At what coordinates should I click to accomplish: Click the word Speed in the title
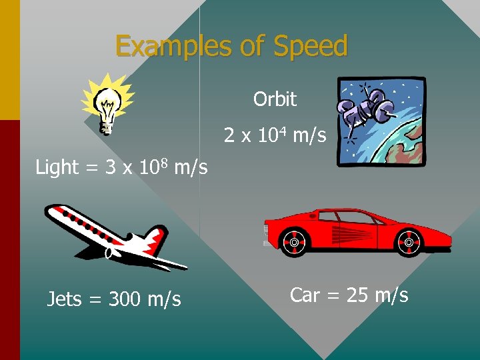click(310, 47)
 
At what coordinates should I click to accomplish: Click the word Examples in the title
click(172, 47)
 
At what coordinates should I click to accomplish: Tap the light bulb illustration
click(107, 103)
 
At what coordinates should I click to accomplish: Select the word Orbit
click(275, 99)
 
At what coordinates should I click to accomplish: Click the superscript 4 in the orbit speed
click(283, 130)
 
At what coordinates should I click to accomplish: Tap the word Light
click(57, 167)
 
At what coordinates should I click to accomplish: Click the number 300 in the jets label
click(125, 300)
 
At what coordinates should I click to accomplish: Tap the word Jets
click(64, 300)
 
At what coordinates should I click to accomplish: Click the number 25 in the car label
click(358, 295)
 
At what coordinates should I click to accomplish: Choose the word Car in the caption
click(305, 295)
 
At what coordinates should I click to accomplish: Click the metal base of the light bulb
click(106, 125)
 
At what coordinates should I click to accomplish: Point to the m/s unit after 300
click(163, 300)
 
